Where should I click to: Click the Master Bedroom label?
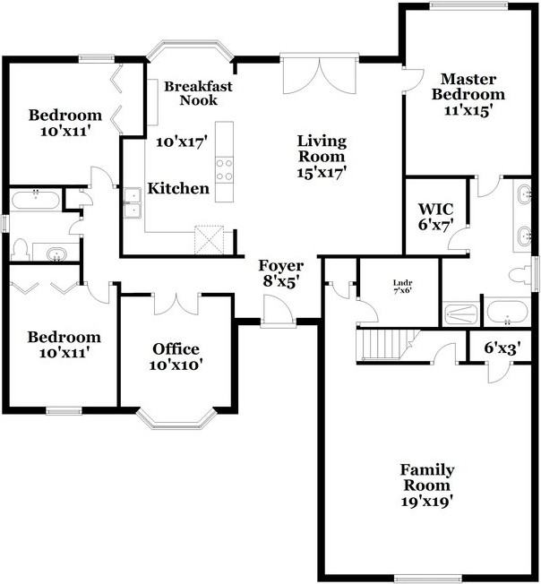coord(468,86)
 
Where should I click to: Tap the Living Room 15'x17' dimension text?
coord(322,173)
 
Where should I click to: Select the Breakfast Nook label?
coord(199,93)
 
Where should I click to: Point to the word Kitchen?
coord(178,188)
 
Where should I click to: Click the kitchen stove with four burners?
coord(225,169)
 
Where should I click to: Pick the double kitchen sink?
coord(133,202)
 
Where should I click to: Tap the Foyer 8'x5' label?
coord(281,273)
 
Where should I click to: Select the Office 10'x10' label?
coord(176,356)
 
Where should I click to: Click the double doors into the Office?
coord(177,304)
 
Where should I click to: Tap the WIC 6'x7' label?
coord(435,217)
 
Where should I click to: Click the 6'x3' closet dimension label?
coord(502,348)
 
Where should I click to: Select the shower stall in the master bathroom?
coord(461,313)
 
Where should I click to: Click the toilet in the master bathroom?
coord(520,275)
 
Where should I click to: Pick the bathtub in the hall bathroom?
coord(35,200)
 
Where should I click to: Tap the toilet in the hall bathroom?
coord(21,250)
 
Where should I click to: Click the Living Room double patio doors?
coord(320,75)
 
